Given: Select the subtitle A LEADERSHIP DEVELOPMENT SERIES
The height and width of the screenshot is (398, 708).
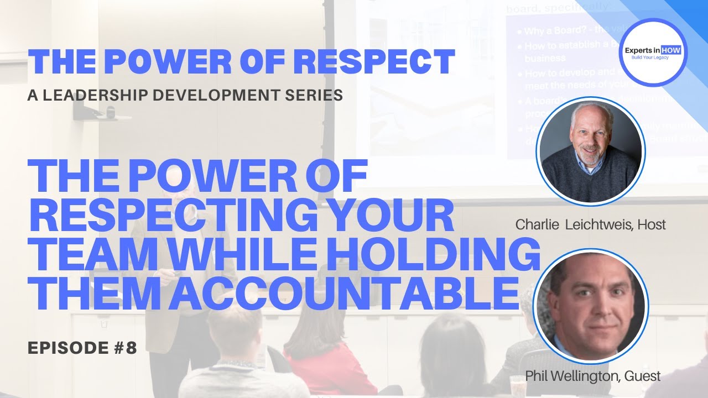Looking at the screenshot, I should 185,95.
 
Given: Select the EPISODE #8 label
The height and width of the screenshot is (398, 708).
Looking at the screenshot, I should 82,348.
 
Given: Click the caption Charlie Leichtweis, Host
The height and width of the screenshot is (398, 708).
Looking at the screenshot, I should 590,224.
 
